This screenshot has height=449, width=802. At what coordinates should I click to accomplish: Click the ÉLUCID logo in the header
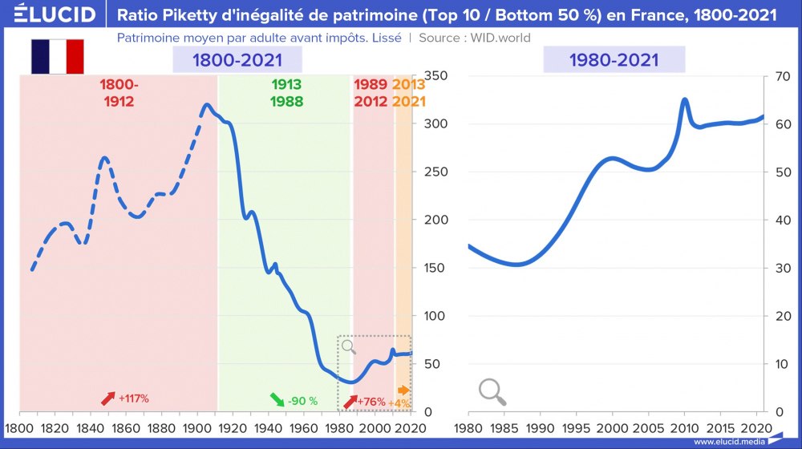pyautogui.click(x=49, y=14)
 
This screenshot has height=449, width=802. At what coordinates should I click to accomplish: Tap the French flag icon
pyautogui.click(x=57, y=57)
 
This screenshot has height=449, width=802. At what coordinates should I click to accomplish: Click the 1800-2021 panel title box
pyautogui.click(x=237, y=60)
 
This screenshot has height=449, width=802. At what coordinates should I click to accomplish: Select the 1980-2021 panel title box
pyautogui.click(x=614, y=60)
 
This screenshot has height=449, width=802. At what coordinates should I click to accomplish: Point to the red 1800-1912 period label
pyautogui.click(x=119, y=93)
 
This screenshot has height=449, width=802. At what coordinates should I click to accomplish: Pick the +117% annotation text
pyautogui.click(x=134, y=398)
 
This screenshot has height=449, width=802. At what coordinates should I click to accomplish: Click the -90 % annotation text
pyautogui.click(x=303, y=401)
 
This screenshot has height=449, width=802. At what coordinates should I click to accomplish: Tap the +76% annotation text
pyautogui.click(x=371, y=401)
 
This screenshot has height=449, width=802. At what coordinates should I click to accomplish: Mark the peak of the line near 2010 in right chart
pyautogui.click(x=685, y=99)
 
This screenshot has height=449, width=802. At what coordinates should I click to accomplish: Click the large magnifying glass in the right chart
pyautogui.click(x=492, y=391)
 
